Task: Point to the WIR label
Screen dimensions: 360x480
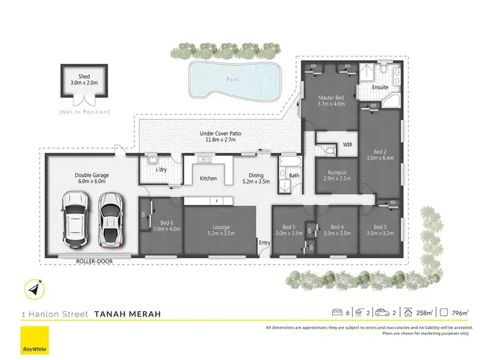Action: tap(348, 145)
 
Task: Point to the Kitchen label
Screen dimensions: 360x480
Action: tap(208, 178)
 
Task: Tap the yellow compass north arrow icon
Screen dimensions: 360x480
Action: tap(34, 290)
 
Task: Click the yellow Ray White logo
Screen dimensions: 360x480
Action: tap(34, 340)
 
